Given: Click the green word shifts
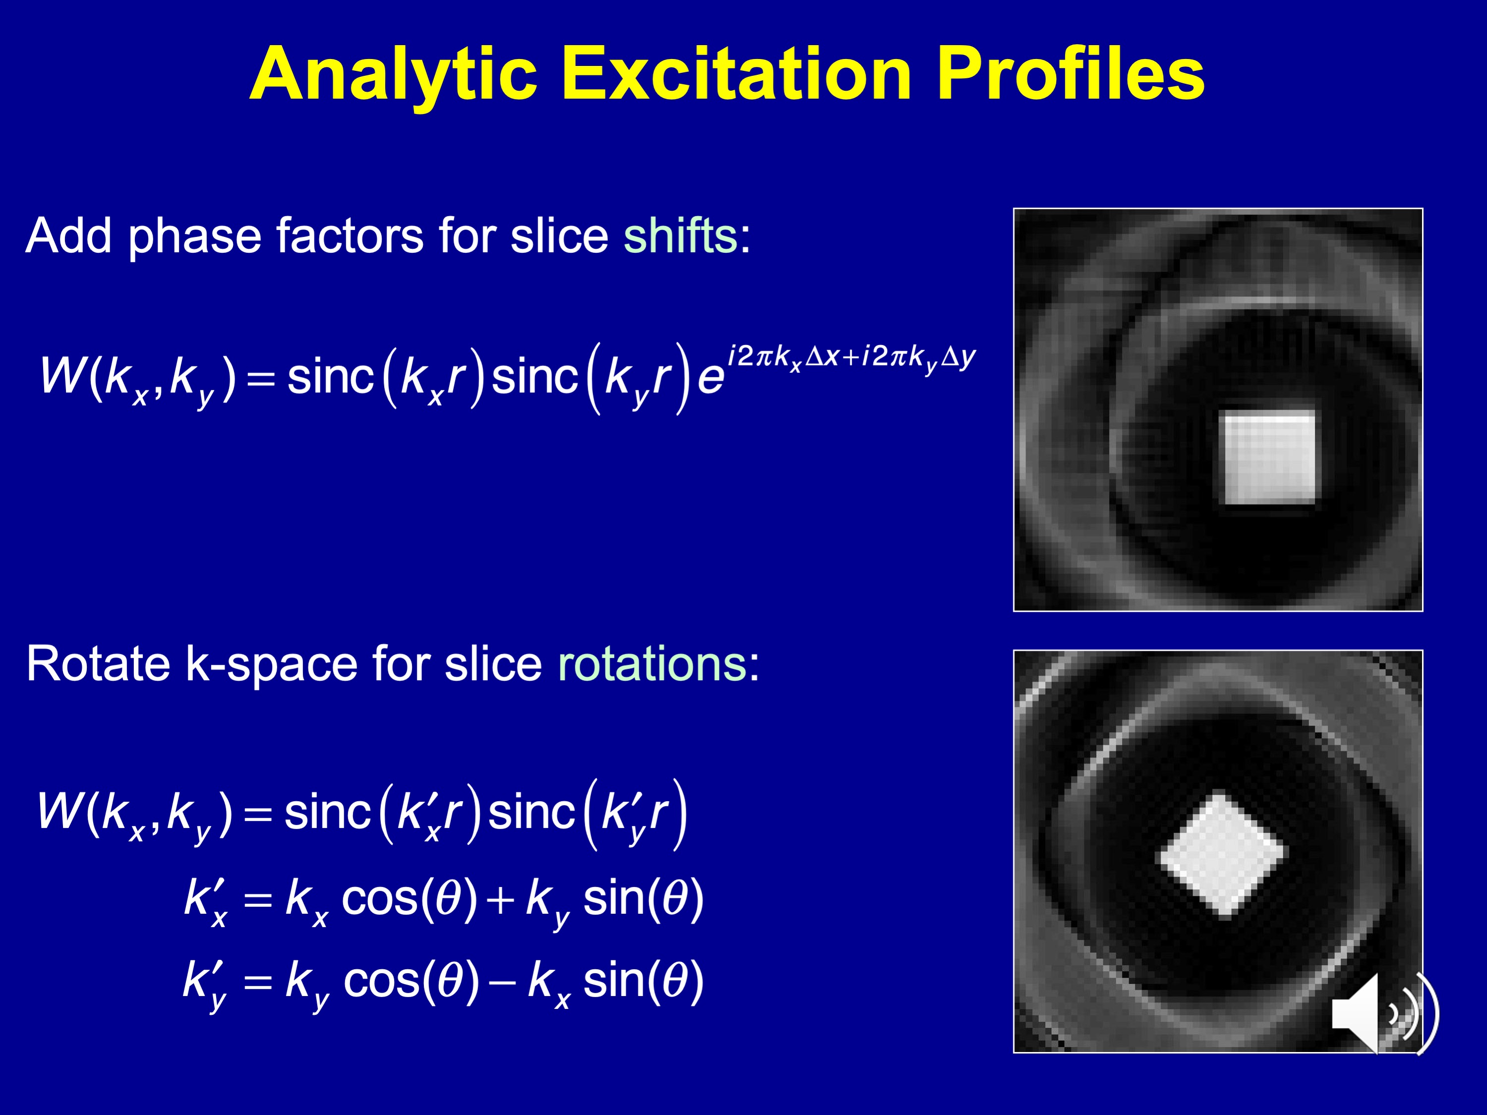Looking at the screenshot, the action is pos(680,236).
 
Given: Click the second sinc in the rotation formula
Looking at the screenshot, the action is pos(531,813).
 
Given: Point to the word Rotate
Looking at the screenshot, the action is pos(98,664).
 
